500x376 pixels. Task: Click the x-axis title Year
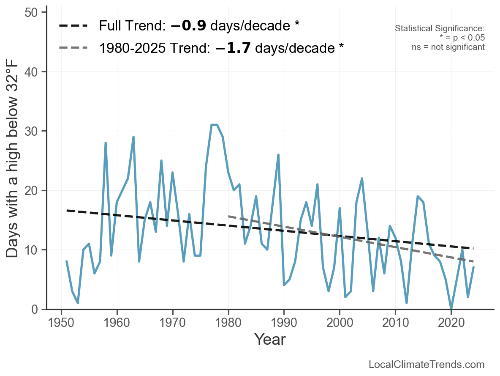pyautogui.click(x=270, y=339)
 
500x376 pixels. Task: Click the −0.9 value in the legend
pyautogui.click(x=188, y=26)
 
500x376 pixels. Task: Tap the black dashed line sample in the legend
pyautogui.click(x=73, y=26)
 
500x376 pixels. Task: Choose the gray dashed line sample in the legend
pyautogui.click(x=73, y=48)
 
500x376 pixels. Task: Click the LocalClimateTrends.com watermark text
pyautogui.click(x=427, y=365)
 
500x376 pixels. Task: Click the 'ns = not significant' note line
pyautogui.click(x=448, y=47)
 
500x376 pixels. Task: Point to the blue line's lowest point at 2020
pyautogui.click(x=451, y=308)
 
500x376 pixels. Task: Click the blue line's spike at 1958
pyautogui.click(x=106, y=143)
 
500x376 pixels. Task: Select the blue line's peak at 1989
pyautogui.click(x=278, y=155)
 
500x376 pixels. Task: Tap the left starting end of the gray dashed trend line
pyautogui.click(x=229, y=217)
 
